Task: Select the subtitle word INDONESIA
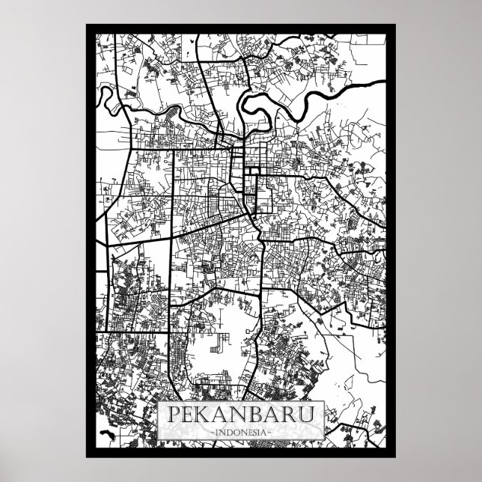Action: [x=241, y=432]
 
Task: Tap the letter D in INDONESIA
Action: [x=225, y=432]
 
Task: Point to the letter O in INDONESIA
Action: [x=233, y=432]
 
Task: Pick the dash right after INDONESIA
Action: [x=274, y=432]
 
